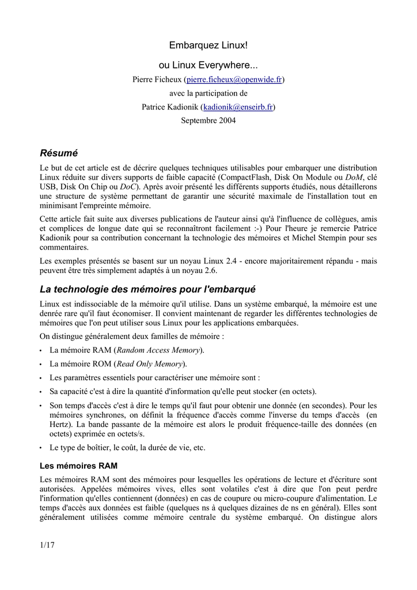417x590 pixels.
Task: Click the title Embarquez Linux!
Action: (208, 45)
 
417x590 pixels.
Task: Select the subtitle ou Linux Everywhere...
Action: (208, 66)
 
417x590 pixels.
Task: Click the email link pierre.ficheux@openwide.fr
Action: (234, 80)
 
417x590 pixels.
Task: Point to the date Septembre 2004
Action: (208, 121)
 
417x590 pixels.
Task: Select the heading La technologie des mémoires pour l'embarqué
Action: (147, 289)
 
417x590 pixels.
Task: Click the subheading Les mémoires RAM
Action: (79, 465)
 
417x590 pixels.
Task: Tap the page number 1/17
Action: (47, 545)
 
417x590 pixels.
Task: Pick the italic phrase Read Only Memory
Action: (150, 364)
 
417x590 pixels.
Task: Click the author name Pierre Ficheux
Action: (157, 80)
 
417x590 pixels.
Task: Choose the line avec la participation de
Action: (208, 93)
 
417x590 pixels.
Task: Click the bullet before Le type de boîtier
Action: (41, 448)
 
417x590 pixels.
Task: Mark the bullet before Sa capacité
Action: (41, 392)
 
